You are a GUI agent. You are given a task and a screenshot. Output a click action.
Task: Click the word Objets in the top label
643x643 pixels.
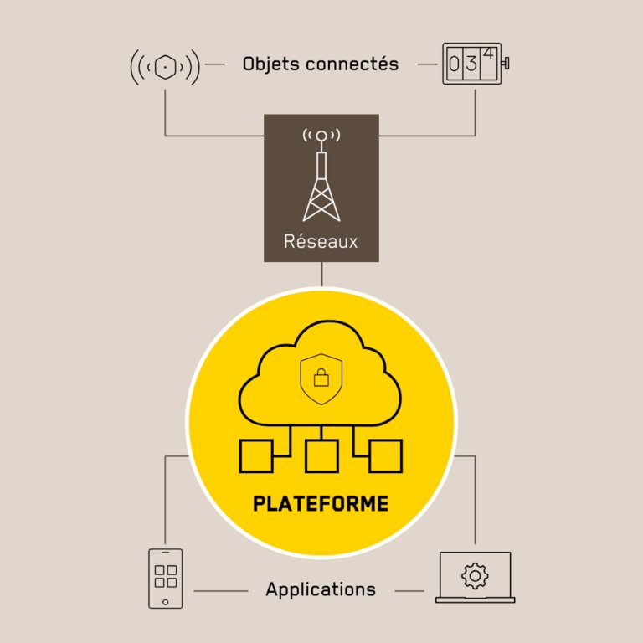[x=268, y=64]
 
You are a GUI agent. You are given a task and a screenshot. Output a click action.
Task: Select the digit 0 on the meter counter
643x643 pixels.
[x=455, y=65]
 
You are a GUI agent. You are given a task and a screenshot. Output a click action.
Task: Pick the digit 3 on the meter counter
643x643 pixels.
[x=472, y=65]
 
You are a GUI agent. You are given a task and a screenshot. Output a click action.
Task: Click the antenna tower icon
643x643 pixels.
[x=321, y=180]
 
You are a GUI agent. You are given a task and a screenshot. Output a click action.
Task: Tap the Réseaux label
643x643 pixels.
[x=321, y=242]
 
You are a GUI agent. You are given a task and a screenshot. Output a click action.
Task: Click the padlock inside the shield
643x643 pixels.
[x=321, y=378]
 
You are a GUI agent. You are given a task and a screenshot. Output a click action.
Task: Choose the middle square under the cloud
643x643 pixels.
[x=321, y=456]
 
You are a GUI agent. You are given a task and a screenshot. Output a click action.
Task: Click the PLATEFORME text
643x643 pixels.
[x=321, y=504]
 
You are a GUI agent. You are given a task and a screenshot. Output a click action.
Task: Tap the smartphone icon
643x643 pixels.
[x=165, y=578]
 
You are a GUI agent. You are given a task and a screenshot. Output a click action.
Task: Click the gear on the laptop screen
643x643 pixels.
[x=475, y=575]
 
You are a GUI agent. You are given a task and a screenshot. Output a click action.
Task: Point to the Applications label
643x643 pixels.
[x=321, y=589]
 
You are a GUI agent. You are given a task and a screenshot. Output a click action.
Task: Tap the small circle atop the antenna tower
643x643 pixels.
[x=321, y=135]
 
